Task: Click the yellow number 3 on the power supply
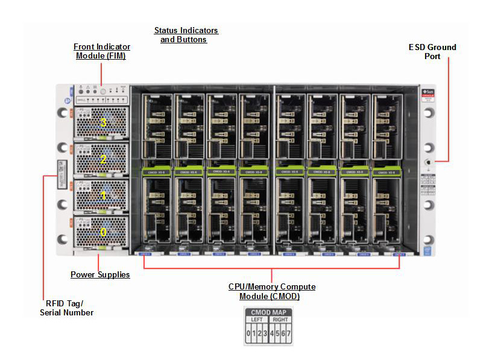[x=103, y=122]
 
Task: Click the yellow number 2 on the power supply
[x=103, y=159]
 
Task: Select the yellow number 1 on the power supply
[x=103, y=195]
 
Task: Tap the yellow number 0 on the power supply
[x=103, y=232]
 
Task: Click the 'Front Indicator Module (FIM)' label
[x=102, y=51]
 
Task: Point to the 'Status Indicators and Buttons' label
[x=186, y=35]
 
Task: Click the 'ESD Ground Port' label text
[x=432, y=51]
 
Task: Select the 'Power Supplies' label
[x=100, y=275]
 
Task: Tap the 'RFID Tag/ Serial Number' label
[x=67, y=308]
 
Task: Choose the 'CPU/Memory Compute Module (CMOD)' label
[x=271, y=291]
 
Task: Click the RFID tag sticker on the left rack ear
[x=61, y=174]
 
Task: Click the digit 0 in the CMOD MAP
[x=248, y=333]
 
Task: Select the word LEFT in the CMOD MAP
[x=257, y=320]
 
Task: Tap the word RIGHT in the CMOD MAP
[x=280, y=320]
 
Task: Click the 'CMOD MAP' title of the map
[x=268, y=312]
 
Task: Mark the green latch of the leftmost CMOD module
[x=155, y=172]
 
